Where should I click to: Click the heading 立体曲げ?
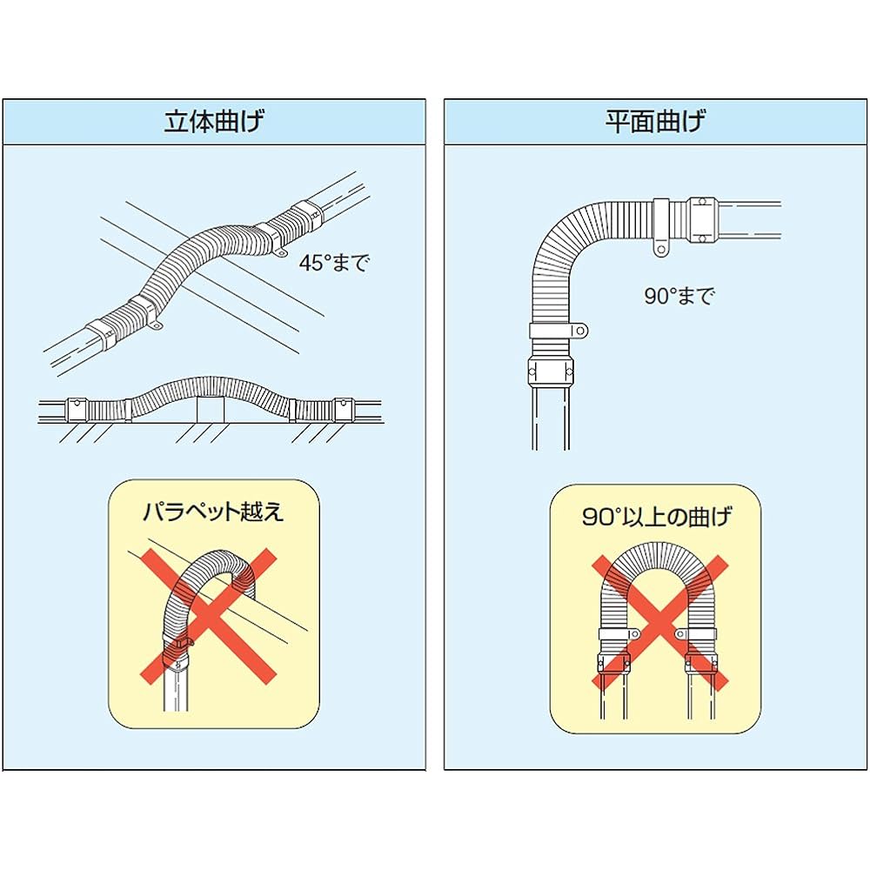(213, 121)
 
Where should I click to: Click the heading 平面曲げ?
(656, 121)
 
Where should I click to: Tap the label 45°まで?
(334, 264)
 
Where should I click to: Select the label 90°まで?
(679, 296)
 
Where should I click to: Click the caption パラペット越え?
(213, 512)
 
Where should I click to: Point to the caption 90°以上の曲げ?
(656, 519)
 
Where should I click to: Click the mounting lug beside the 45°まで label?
(284, 254)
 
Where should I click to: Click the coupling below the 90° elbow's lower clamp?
(550, 367)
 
